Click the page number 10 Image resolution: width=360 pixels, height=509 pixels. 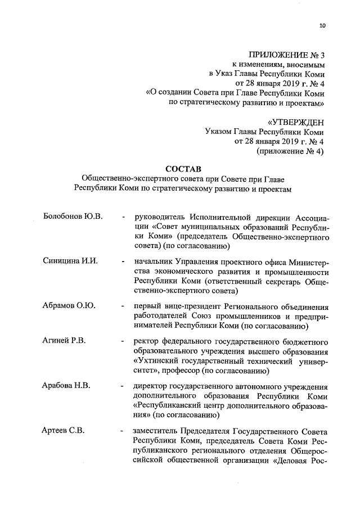[x=322, y=24]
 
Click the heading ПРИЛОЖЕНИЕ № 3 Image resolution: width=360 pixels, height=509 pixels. [x=291, y=55]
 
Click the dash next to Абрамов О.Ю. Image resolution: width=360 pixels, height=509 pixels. [x=123, y=306]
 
